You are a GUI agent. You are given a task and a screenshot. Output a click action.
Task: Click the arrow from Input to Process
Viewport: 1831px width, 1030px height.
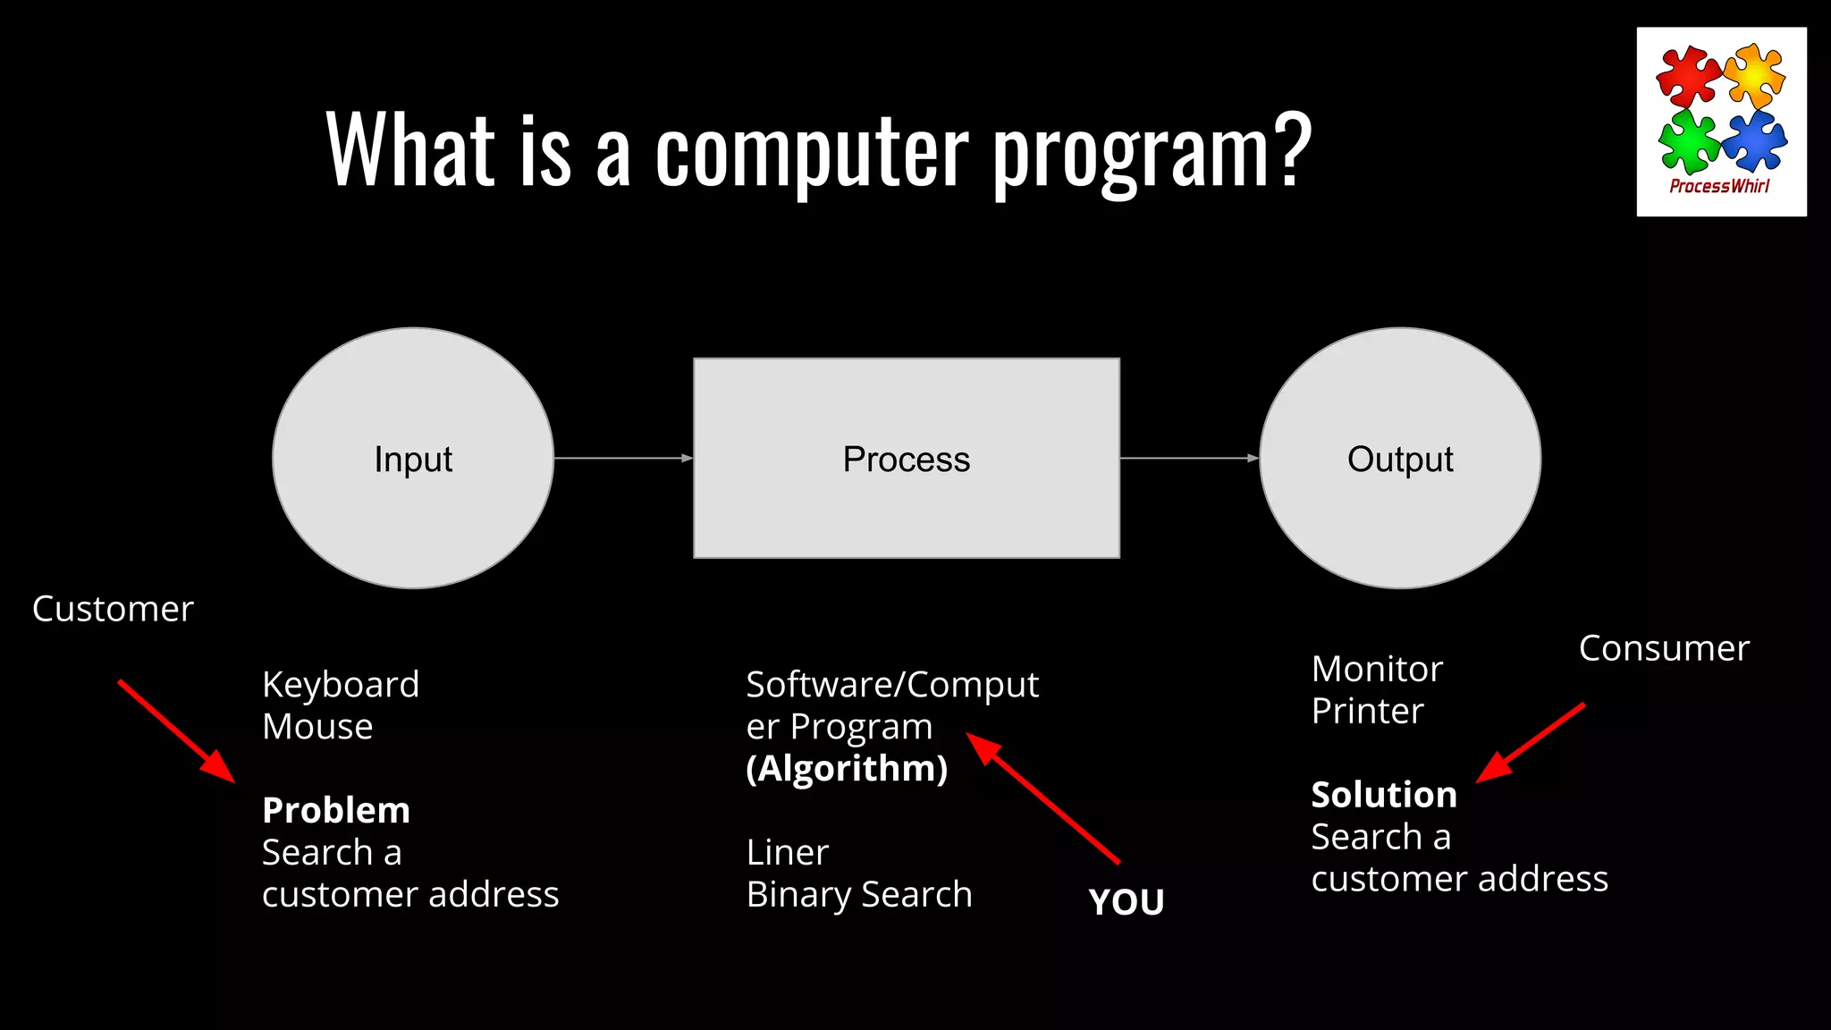click(x=623, y=458)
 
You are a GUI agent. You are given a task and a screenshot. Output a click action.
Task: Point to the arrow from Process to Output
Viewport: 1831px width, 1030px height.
click(x=1189, y=458)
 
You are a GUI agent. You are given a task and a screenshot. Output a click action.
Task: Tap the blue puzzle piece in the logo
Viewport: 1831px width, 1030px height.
click(x=1754, y=140)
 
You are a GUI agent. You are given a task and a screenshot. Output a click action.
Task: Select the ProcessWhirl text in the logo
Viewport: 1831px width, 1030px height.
click(x=1719, y=186)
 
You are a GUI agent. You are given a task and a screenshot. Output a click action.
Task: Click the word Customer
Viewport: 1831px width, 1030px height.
click(x=113, y=610)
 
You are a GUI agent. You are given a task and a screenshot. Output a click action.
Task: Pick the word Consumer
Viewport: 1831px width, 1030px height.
click(x=1664, y=649)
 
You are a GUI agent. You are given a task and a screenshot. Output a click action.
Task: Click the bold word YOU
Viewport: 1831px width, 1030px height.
click(x=1126, y=902)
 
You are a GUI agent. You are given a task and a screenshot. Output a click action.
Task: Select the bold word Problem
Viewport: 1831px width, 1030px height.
click(x=336, y=811)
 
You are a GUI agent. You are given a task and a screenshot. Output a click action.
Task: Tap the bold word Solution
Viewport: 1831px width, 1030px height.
click(x=1384, y=795)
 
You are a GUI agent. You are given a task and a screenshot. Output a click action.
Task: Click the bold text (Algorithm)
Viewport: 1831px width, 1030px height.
click(x=847, y=769)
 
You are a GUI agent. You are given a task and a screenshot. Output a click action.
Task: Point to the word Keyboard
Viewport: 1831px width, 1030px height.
click(x=341, y=686)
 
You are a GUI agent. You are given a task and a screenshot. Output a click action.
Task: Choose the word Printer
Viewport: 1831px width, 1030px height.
click(x=1367, y=712)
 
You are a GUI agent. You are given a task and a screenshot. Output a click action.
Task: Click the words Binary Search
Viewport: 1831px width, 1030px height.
click(x=859, y=895)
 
